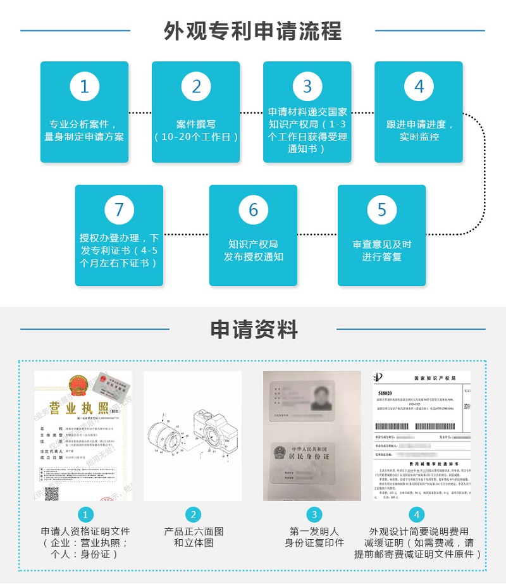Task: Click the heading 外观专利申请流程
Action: pos(253,30)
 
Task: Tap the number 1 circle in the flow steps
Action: pos(84,86)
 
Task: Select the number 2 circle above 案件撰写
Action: pos(196,86)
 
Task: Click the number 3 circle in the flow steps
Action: pos(307,86)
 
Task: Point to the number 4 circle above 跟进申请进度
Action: pos(419,86)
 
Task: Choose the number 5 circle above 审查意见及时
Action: pos(381,209)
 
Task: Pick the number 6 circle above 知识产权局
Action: pos(253,209)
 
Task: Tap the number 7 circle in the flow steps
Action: pos(119,209)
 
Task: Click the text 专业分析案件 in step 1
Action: pos(80,125)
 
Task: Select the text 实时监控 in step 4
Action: pos(419,137)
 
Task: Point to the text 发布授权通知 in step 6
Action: pos(253,257)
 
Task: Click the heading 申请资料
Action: pos(253,329)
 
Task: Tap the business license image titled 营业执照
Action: pos(83,436)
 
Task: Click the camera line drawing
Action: pos(193,436)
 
